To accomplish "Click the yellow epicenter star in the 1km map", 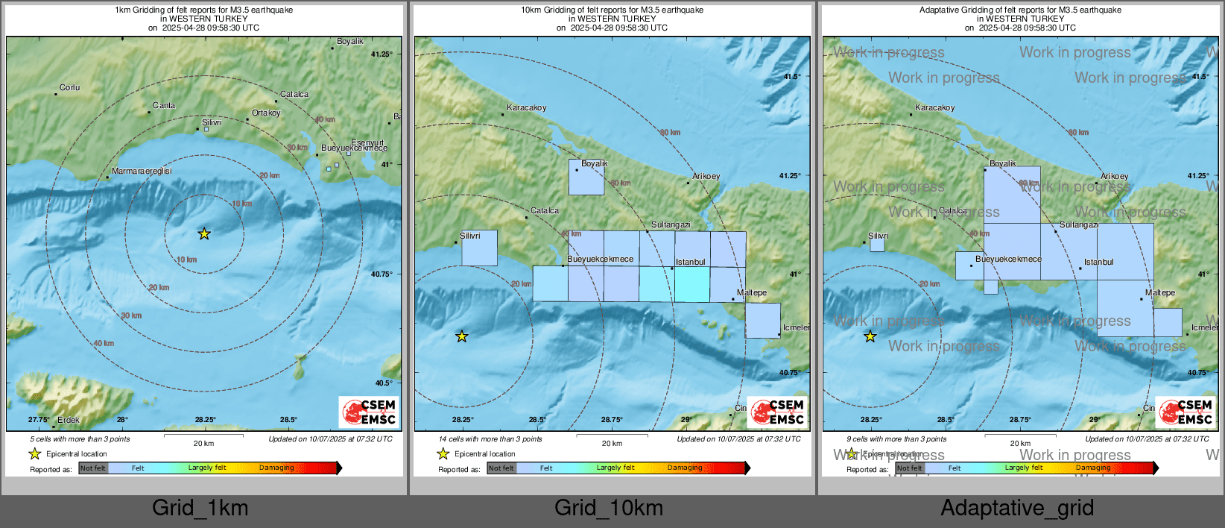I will coord(204,234).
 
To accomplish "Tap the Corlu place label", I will coord(69,88).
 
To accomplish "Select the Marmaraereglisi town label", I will coord(142,172).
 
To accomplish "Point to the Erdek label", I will coord(69,420).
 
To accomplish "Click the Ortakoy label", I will coord(266,113).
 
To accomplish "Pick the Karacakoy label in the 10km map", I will coord(527,108).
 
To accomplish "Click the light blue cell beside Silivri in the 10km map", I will coord(479,248).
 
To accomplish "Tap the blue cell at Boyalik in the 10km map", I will coord(586,177).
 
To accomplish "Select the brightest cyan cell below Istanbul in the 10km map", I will coord(692,284).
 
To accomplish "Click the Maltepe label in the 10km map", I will coord(752,293).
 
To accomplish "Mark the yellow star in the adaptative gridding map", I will coord(870,337).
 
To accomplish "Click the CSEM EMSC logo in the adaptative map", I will coord(1186,412).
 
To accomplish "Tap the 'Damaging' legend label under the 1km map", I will coord(276,468).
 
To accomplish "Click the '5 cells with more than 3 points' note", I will coord(80,439).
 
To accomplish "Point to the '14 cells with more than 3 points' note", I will coord(490,439).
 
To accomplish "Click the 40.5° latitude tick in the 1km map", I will coord(384,383).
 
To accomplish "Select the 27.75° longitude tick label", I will coord(39,420).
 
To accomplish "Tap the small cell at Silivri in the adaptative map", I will coord(877,245).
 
